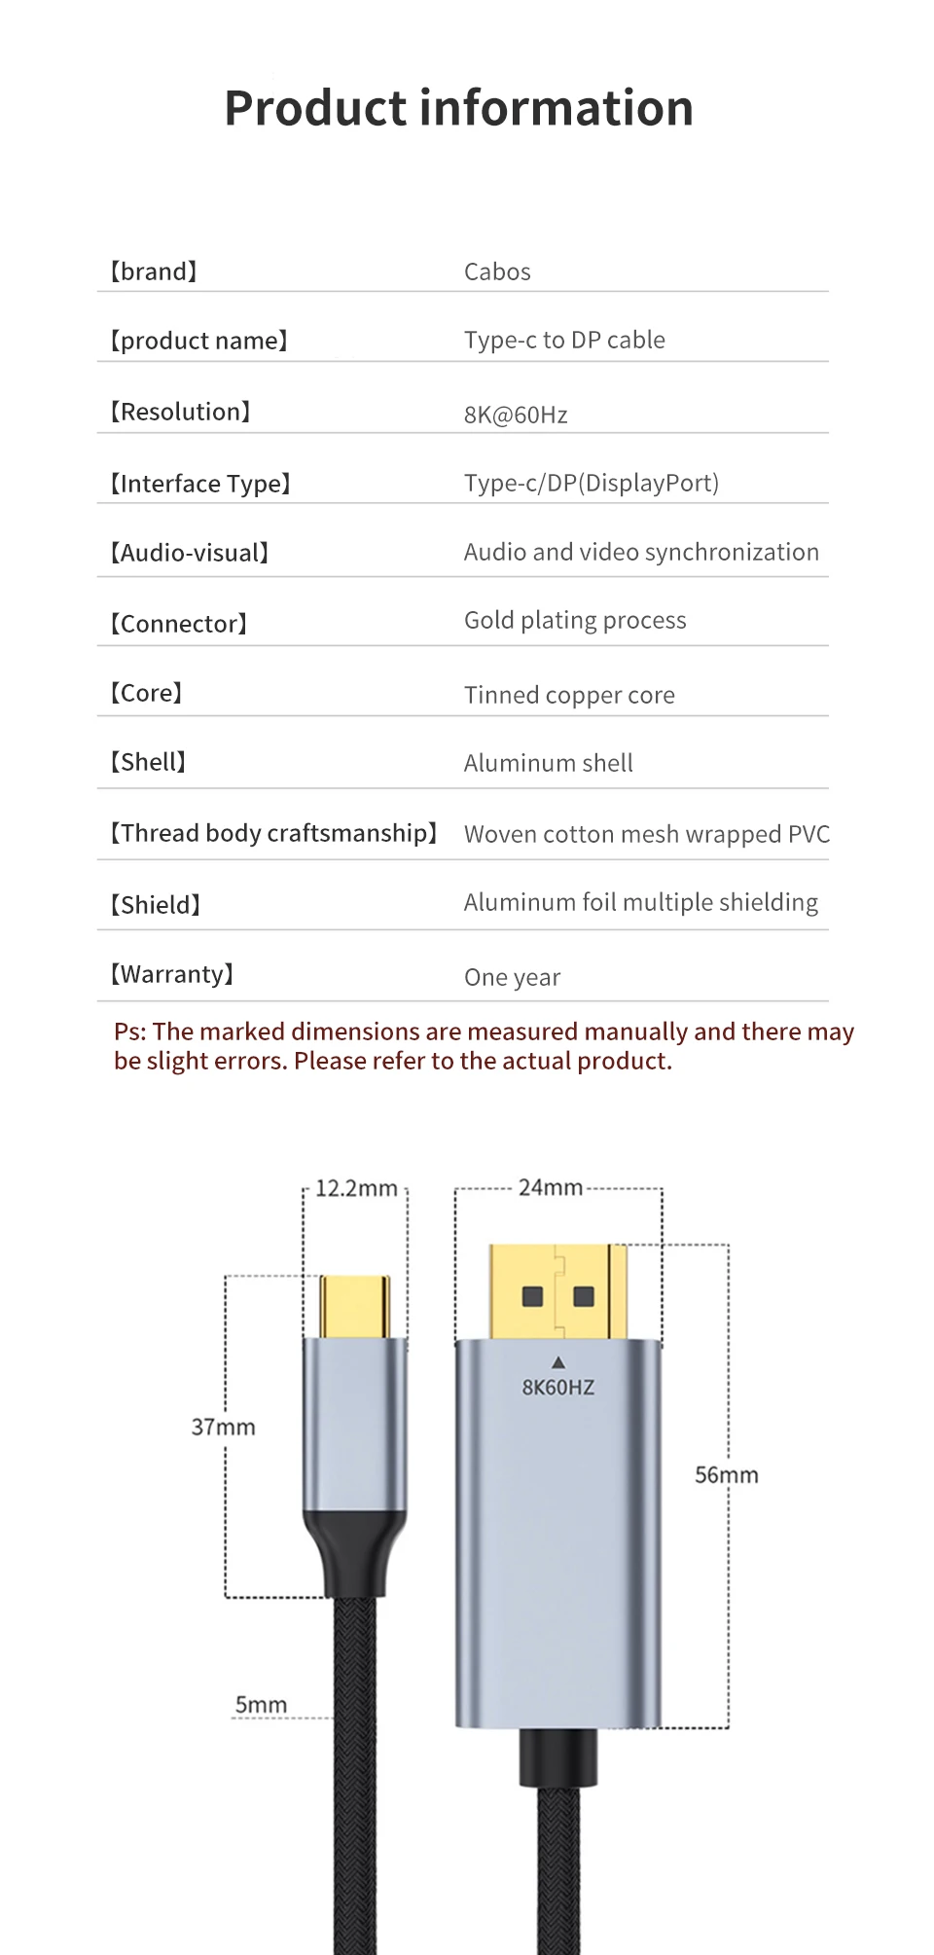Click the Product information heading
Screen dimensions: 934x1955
458,107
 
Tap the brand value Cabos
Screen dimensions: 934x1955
497,272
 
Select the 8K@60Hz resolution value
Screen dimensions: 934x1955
516,415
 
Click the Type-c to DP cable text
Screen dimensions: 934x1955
564,340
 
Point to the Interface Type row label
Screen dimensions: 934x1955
200,484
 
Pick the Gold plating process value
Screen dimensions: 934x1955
575,620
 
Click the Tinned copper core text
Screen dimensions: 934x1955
569,695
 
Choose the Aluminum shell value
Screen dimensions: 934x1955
548,763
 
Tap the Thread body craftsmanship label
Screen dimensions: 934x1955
273,833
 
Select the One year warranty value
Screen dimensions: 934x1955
512,977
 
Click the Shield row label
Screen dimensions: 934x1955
156,905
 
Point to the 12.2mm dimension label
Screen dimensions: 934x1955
356,1188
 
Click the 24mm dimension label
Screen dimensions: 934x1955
550,1187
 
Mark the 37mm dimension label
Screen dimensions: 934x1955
223,1427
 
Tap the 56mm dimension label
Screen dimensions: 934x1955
726,1474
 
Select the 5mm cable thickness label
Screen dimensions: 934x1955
261,1704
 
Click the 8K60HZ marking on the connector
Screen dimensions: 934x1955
557,1387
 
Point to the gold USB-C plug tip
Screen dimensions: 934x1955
355,1306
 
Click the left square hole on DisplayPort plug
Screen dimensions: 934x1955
532,1296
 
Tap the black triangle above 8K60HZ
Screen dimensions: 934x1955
558,1362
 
